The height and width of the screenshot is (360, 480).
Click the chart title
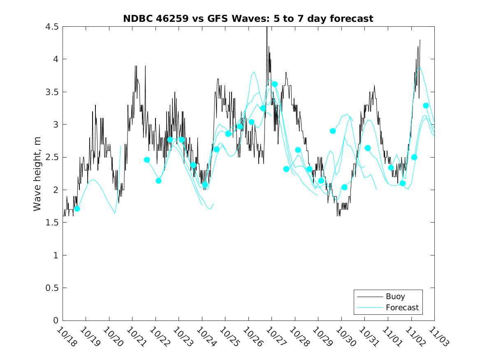coord(248,19)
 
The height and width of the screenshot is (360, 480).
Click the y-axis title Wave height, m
coord(37,174)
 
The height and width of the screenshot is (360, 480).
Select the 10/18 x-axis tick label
coord(66,336)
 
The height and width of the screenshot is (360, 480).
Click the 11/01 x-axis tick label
coord(391,336)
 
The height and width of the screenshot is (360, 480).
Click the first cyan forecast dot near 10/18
coord(77,209)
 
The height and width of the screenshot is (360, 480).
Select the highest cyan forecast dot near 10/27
coord(275,84)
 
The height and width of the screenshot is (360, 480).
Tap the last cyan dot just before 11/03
coord(426,106)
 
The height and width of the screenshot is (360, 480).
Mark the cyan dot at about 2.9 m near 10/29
coord(333,131)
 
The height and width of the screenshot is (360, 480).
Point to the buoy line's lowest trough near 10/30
coord(338,215)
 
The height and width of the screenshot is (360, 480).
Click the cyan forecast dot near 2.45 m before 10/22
coord(147,160)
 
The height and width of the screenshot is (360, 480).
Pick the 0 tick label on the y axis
coord(55,321)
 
